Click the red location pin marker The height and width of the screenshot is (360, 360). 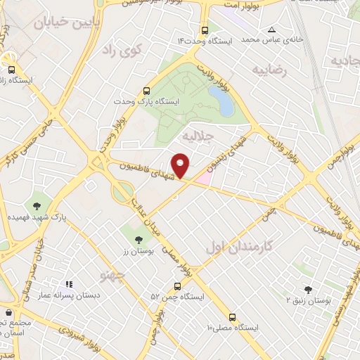coord(181,165)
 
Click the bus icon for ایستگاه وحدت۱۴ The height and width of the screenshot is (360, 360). coord(205,31)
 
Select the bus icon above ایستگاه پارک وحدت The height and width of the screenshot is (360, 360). coord(146,91)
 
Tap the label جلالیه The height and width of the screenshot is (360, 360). coord(196,134)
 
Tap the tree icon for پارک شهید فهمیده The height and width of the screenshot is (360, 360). coord(36,206)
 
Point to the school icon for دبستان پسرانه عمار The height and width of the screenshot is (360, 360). coord(69,284)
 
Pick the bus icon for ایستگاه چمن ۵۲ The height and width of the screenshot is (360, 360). coord(176,286)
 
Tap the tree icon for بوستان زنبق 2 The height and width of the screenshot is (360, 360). coord(308,289)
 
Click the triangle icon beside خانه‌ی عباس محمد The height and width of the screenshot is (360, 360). coord(271,30)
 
